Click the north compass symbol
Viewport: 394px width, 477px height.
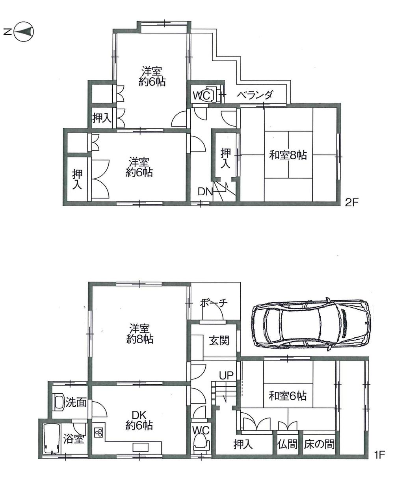pos(24,32)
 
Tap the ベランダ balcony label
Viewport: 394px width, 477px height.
pos(255,95)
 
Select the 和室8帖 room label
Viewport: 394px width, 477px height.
pos(288,155)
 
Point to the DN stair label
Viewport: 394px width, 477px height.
pos(205,192)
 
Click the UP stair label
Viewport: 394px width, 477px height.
pos(227,375)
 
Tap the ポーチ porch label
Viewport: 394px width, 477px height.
pos(214,303)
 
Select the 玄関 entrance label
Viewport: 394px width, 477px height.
pos(219,340)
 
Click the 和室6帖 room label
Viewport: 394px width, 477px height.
pos(288,396)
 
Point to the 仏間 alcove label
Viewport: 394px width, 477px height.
pos(287,445)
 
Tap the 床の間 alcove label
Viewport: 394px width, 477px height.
pos(319,445)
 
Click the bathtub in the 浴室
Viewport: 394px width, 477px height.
pos(51,439)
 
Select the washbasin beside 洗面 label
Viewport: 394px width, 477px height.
pos(59,402)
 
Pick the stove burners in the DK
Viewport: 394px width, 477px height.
pos(99,432)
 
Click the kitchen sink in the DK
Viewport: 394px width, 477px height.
pos(141,447)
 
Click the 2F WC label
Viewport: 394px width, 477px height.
pos(201,95)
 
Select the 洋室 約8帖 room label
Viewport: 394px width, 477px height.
pos(140,334)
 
